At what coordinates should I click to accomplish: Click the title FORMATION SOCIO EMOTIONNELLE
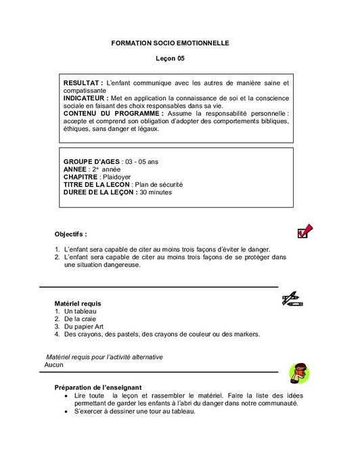(170, 43)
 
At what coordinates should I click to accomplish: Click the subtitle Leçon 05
(170, 59)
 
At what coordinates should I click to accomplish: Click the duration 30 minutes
(155, 192)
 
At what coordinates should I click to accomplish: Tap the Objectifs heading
(71, 234)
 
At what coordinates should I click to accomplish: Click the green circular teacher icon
(298, 372)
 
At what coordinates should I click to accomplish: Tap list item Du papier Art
(83, 326)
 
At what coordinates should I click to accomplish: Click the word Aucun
(53, 364)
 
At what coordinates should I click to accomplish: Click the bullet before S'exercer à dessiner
(65, 411)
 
